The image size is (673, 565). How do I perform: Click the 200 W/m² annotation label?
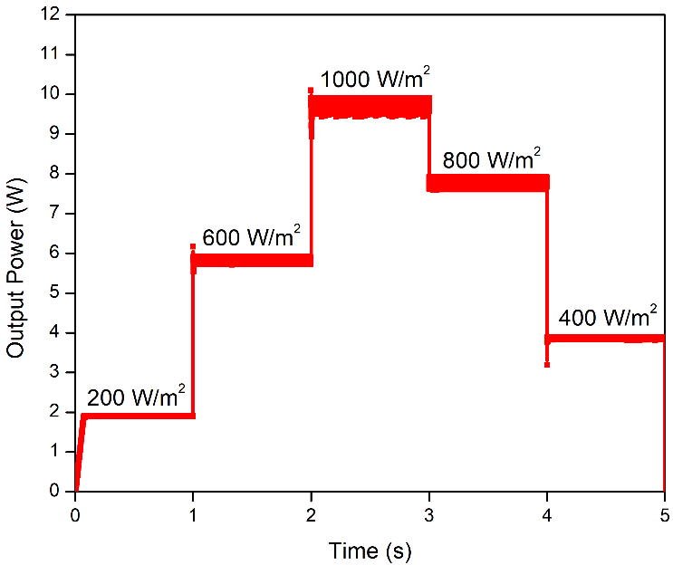click(x=137, y=396)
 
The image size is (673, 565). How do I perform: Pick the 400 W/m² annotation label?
click(x=608, y=318)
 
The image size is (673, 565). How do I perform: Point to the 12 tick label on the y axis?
click(x=53, y=14)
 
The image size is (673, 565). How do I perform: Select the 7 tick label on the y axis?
click(x=58, y=213)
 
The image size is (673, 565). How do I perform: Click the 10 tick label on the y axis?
click(x=53, y=94)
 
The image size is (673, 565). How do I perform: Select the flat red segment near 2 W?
click(x=136, y=416)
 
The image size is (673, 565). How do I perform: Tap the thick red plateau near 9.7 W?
click(x=370, y=107)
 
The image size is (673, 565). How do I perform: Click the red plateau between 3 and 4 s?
click(x=488, y=184)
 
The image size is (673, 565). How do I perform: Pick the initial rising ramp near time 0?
click(x=79, y=453)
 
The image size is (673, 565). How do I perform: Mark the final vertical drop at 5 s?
click(x=665, y=417)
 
